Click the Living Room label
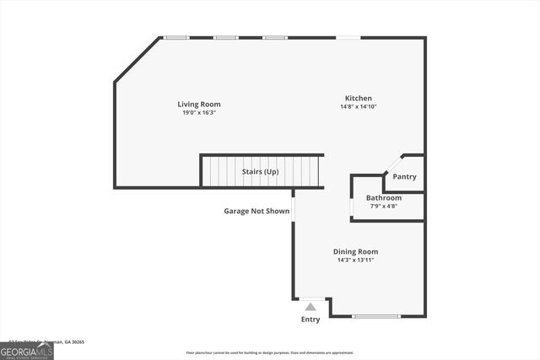click(x=199, y=105)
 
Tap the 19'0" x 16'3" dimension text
click(x=199, y=113)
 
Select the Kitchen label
click(x=358, y=99)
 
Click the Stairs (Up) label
click(x=260, y=172)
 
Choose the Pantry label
click(x=405, y=177)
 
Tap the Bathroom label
click(x=384, y=198)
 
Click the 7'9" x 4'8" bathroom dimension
click(x=384, y=207)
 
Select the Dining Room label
click(x=355, y=251)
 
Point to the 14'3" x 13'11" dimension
click(x=354, y=260)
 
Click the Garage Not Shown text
click(x=256, y=212)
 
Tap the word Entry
click(x=310, y=320)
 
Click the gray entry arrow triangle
click(x=310, y=308)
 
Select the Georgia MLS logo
click(x=26, y=351)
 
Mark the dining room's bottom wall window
click(x=376, y=316)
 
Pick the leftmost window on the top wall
click(x=176, y=37)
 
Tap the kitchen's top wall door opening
click(x=348, y=37)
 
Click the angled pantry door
click(x=393, y=164)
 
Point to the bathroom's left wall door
click(x=351, y=206)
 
